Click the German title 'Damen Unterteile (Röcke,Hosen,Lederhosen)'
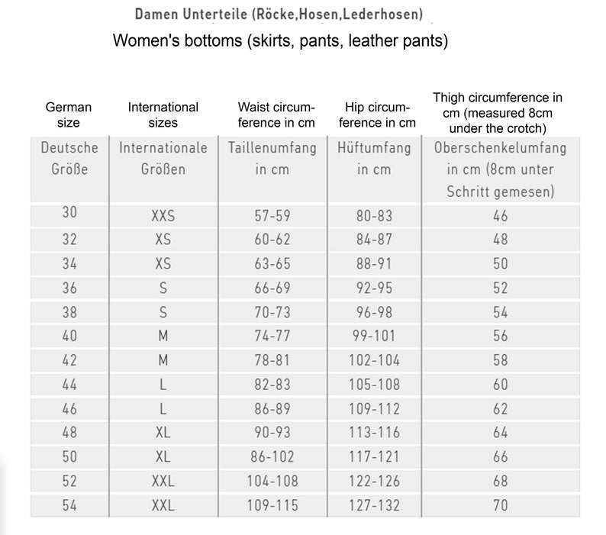pos(279,15)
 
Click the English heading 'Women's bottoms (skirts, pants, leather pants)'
pos(280,40)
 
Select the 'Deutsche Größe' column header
pos(69,158)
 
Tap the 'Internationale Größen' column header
pos(163,158)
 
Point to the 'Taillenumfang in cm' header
pos(272,158)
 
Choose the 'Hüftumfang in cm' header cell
pos(374,158)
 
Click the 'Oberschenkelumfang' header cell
pos(500,169)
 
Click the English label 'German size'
pos(69,114)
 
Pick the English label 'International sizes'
pos(163,114)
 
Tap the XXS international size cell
pos(163,216)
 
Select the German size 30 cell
pos(69,214)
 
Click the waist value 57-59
pos(272,216)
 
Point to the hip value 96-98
pos(374,312)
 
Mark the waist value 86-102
pos(272,456)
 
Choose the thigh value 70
pos(500,504)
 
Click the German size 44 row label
pos(69,384)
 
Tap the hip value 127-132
pos(374,504)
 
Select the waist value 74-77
pos(272,336)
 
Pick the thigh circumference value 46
pos(500,216)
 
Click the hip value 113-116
pos(374,433)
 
